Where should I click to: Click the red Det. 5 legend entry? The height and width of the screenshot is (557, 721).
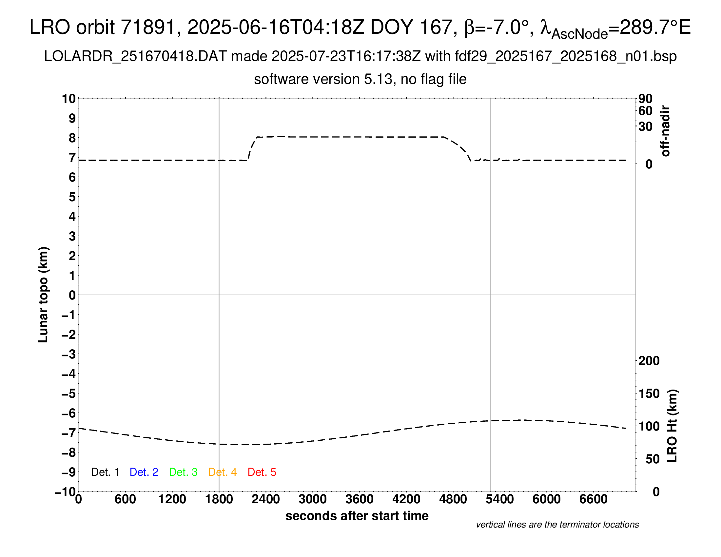(x=262, y=472)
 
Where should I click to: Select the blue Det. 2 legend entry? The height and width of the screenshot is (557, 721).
(x=144, y=472)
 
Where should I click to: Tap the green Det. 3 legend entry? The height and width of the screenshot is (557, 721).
(x=183, y=472)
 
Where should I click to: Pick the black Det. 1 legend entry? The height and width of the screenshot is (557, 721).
(x=105, y=472)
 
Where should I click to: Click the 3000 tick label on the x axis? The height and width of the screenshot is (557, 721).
(x=312, y=499)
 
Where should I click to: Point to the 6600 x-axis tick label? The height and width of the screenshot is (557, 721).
(x=593, y=499)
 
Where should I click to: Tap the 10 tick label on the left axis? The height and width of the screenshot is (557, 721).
(x=69, y=99)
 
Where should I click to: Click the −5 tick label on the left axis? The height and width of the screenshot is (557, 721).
(x=68, y=394)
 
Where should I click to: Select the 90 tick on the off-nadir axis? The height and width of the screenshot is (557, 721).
(x=645, y=99)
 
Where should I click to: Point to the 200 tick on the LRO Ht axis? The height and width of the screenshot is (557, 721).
(x=649, y=361)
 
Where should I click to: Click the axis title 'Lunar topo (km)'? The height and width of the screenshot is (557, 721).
(x=43, y=295)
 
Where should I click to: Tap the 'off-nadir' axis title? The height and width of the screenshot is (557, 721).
(x=666, y=131)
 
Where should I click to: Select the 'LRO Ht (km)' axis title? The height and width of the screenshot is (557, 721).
(x=672, y=426)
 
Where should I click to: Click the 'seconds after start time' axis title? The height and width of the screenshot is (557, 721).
(x=357, y=516)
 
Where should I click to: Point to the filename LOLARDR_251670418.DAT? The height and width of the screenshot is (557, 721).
(x=135, y=56)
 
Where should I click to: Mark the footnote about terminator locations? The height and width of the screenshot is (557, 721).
(x=557, y=525)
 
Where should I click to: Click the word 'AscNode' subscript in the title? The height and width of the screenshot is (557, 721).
(x=579, y=34)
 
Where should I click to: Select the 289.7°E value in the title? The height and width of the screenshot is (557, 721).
(x=655, y=27)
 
